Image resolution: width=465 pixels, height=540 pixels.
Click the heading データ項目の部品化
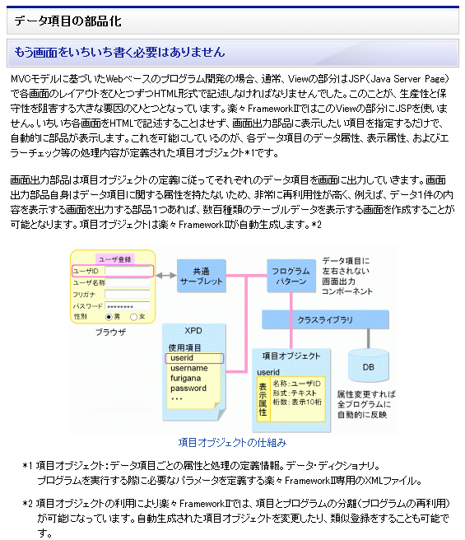[67, 21]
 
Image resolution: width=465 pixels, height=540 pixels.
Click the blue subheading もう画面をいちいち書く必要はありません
[119, 53]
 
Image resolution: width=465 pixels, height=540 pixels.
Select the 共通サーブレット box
[202, 277]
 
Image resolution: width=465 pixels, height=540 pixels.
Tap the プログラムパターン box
[291, 277]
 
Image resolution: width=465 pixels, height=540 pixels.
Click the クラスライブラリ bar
[326, 320]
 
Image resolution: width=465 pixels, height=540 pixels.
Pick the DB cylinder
[369, 365]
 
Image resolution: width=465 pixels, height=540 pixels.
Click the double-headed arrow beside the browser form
[166, 276]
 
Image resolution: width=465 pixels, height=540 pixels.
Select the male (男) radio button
[109, 317]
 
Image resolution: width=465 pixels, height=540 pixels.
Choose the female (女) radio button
[133, 317]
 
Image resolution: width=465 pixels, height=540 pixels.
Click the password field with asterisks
[128, 306]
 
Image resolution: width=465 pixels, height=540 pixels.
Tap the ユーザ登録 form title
[114, 259]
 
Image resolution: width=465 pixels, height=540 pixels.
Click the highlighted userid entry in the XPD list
[194, 358]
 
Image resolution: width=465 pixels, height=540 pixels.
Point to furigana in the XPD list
[185, 378]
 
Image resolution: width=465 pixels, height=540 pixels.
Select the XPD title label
[193, 331]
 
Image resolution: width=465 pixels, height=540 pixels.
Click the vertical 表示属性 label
[263, 399]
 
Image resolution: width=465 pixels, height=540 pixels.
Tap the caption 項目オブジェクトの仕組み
[232, 443]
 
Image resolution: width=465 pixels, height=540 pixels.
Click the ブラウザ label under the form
[110, 332]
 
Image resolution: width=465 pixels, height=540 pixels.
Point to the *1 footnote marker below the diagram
[27, 466]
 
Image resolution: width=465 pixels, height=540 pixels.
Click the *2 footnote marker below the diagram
[27, 504]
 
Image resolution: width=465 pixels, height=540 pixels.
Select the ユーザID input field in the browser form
[128, 271]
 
